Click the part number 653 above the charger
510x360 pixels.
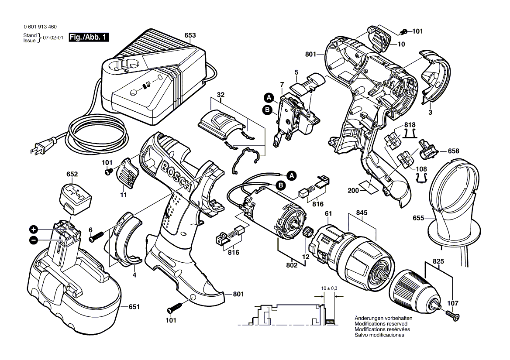(190, 35)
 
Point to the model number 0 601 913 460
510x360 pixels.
(39, 27)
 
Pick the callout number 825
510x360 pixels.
(438, 261)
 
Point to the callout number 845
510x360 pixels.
(362, 213)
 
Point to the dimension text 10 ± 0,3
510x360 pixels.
(328, 288)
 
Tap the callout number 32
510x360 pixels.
(221, 94)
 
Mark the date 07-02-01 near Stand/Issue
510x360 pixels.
(53, 38)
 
